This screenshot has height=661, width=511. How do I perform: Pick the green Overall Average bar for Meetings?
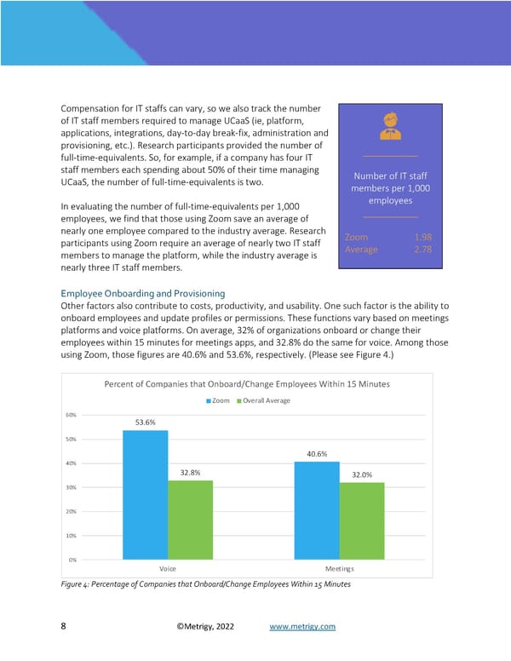coord(362,520)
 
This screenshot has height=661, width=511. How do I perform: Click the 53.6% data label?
coord(145,422)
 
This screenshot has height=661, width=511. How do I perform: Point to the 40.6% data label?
coord(317,453)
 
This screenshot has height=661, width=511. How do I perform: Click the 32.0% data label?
coord(362,475)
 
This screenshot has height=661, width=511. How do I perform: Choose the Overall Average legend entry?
coord(263,400)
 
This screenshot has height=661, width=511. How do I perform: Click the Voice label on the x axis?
coord(168,568)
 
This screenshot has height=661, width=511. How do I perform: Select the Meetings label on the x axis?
coord(340,568)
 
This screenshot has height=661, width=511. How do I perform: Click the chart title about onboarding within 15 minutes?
coord(246,384)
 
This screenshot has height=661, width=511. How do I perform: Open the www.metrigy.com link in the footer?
coord(302,627)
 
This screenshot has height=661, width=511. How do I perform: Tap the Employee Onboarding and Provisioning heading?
coord(142,293)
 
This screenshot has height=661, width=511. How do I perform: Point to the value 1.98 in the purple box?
coord(422,236)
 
